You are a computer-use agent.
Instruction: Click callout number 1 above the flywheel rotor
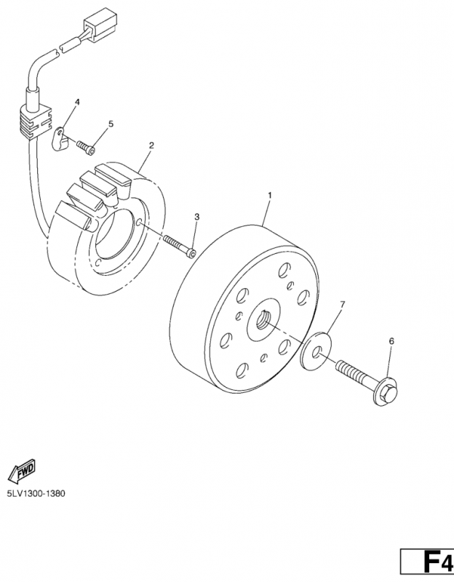click(270, 195)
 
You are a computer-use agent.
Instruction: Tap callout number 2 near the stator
click(151, 145)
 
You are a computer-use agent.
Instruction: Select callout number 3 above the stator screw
click(196, 216)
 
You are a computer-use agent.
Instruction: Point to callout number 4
click(77, 102)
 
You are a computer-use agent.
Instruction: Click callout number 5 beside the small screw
click(111, 124)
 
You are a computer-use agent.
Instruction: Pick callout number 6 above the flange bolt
click(391, 340)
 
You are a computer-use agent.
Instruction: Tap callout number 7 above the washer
click(342, 305)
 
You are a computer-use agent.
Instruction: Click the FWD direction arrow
click(22, 471)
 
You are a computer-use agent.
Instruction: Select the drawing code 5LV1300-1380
click(36, 494)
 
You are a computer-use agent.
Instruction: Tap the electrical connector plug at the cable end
click(100, 23)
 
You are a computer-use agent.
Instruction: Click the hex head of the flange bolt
click(386, 391)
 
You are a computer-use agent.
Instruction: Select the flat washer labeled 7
click(316, 351)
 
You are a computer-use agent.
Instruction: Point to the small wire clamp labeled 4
click(60, 139)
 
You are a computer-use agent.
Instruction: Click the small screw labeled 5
click(86, 147)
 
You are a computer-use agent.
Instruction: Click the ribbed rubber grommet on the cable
click(33, 122)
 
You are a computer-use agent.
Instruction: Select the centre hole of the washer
click(316, 351)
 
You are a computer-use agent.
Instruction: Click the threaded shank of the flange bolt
click(354, 372)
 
